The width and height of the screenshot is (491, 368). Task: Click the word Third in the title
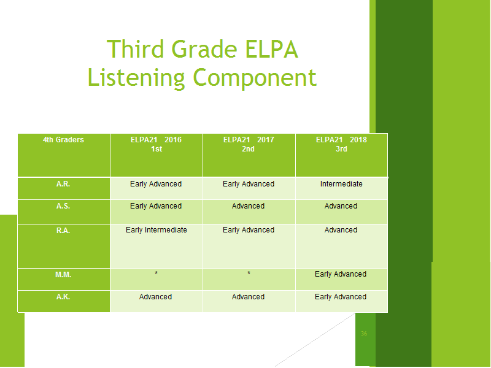tap(136, 49)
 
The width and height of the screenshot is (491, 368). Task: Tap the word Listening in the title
tap(136, 78)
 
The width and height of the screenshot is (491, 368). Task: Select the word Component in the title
tap(255, 79)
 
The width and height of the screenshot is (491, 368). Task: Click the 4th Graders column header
tap(63, 140)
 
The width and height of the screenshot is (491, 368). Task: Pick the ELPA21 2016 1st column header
tap(157, 144)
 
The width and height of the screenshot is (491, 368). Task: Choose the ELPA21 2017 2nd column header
tap(249, 144)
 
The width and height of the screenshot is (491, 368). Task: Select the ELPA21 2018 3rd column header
tap(341, 144)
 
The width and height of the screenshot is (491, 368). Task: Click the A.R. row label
tap(63, 184)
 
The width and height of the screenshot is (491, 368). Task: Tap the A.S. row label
tap(63, 206)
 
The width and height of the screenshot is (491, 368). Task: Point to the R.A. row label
tap(63, 231)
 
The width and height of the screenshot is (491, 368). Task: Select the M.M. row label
tap(63, 275)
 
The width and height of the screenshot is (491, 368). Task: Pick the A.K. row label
tap(63, 297)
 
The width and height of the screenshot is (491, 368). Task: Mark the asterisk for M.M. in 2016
tap(157, 273)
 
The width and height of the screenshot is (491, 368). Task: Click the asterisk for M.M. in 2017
tap(249, 273)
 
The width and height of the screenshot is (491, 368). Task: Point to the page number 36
tap(364, 334)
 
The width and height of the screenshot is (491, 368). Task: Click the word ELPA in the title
tap(271, 49)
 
